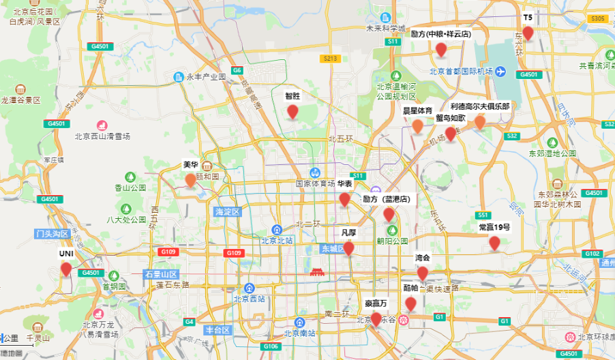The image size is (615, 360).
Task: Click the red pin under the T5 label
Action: (x=528, y=33)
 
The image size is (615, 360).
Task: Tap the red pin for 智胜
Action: (x=292, y=112)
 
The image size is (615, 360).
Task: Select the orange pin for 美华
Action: (x=190, y=180)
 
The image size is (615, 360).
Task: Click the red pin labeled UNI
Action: (x=65, y=269)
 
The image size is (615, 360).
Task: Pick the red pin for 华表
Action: (x=345, y=199)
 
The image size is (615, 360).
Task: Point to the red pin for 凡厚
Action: (x=348, y=248)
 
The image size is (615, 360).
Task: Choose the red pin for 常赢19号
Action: (x=494, y=243)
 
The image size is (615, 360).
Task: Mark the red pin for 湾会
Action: (x=423, y=273)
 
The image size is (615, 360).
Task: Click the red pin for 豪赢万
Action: (x=376, y=318)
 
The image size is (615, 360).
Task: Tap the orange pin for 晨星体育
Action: (x=417, y=126)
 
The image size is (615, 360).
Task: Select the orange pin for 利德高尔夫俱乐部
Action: (x=479, y=122)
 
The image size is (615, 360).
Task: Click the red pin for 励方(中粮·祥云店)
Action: (x=441, y=49)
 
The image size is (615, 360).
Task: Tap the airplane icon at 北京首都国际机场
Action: (x=500, y=71)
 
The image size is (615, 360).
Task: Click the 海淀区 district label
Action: (x=228, y=212)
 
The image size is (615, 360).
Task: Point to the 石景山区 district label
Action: (x=160, y=274)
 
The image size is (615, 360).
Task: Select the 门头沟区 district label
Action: (x=52, y=234)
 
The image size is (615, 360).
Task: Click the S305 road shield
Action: (x=598, y=18)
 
